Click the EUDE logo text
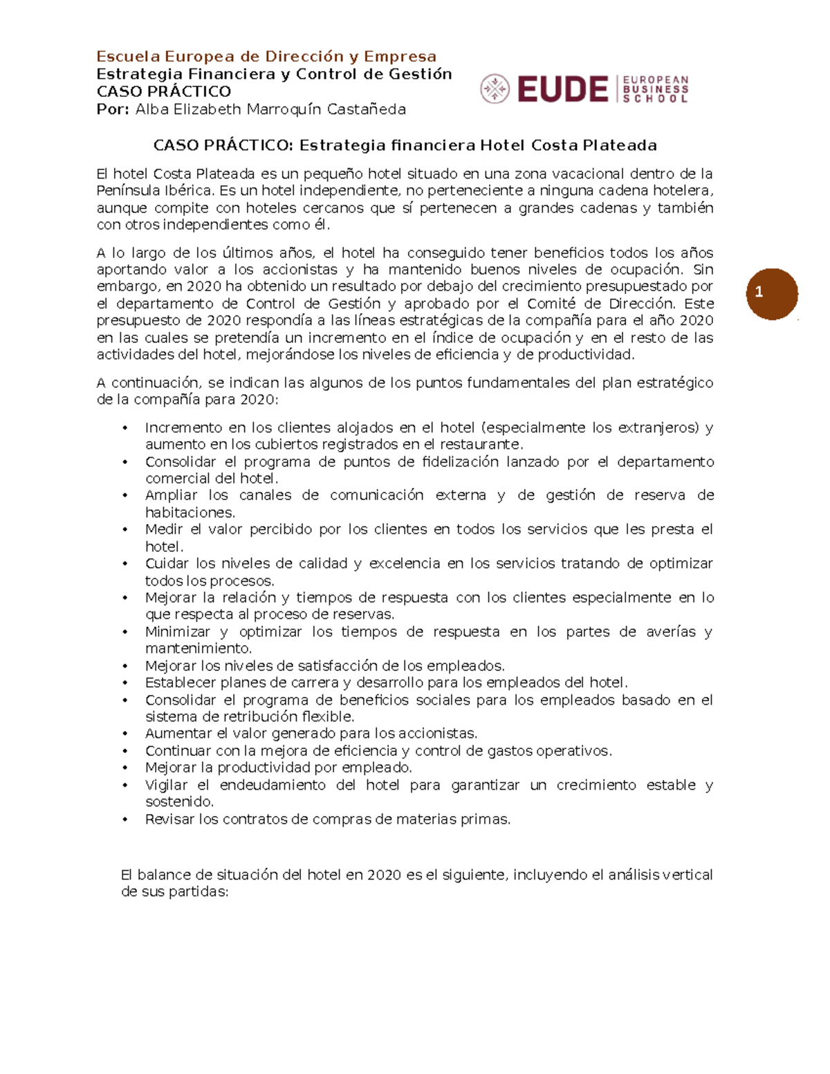562,89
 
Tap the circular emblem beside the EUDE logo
495,89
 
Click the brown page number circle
772,293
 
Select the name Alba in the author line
151,109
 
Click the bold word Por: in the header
113,109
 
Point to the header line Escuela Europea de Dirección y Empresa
266,57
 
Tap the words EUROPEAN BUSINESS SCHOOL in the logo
655,89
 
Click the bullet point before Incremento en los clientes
125,428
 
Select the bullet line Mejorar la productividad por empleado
278,768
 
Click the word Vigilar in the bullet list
166,785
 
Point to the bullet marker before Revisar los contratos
125,820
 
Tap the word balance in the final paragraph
163,875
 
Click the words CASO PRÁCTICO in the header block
164,92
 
